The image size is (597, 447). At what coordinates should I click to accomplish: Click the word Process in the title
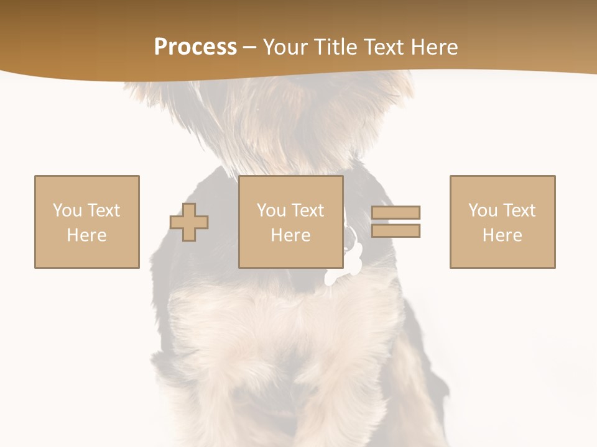pos(195,47)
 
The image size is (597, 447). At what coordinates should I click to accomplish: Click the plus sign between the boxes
pos(190,222)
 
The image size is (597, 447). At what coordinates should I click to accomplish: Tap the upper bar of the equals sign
pos(396,213)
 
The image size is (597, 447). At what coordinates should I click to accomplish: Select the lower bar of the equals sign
pos(396,231)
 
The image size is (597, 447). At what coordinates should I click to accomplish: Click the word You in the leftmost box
pos(67,210)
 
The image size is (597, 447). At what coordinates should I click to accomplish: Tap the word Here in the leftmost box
pos(86,235)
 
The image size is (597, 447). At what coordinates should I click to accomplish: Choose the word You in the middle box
pos(271,210)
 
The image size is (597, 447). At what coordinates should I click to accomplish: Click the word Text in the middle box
pos(307,210)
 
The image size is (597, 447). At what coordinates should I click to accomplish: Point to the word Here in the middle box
pos(291,235)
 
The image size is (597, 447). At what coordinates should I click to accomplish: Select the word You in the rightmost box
pos(483,210)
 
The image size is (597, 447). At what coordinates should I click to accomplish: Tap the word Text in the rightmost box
pos(519,210)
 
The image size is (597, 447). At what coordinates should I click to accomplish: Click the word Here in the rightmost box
pos(502,235)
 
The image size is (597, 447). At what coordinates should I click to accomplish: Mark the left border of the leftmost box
pos(35,222)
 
